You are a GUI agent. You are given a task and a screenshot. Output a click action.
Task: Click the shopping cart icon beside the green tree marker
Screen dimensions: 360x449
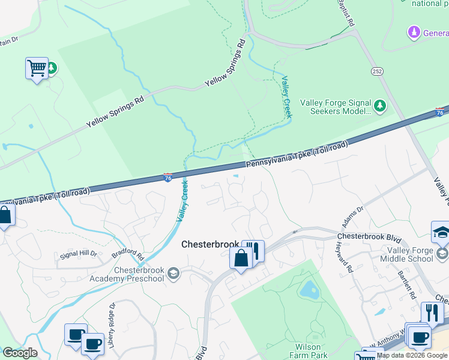(37, 68)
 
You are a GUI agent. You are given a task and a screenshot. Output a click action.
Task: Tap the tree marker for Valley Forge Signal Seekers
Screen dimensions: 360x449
(379, 106)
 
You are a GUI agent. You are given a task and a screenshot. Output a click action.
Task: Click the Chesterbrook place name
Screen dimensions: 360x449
(210, 244)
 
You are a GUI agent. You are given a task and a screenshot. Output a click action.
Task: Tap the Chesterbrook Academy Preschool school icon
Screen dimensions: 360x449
(173, 274)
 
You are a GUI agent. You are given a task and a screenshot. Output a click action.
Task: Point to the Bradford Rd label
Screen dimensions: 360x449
(127, 254)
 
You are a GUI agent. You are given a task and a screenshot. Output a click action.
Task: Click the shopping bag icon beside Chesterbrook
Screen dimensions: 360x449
(241, 259)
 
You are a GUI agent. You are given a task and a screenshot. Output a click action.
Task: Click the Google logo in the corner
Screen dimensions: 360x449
(20, 352)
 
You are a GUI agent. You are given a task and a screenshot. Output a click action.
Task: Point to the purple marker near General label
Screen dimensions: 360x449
(412, 31)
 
